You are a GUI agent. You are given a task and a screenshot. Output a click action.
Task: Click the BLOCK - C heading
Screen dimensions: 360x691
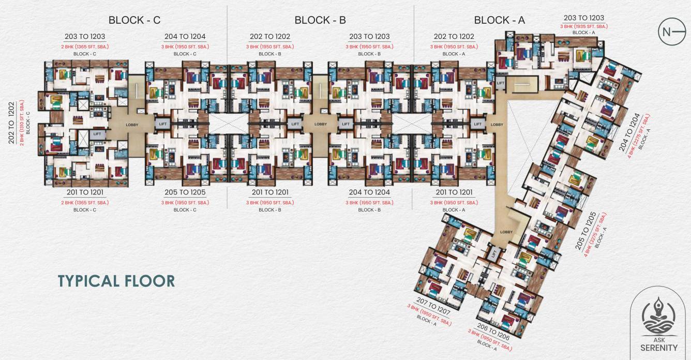[134, 20]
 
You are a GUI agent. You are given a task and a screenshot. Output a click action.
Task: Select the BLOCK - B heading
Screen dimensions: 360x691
[320, 20]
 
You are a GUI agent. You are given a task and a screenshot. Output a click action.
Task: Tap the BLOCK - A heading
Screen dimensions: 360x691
[500, 20]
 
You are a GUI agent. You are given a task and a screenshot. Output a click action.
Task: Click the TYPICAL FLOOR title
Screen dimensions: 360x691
[116, 281]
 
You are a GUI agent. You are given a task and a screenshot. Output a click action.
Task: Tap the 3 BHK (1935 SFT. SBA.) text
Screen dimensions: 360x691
[583, 26]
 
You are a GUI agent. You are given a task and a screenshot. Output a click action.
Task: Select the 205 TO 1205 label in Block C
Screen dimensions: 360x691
[185, 192]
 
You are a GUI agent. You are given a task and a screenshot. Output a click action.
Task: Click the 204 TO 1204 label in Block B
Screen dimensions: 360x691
[369, 192]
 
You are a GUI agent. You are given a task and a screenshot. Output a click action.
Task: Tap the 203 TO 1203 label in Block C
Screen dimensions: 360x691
[85, 37]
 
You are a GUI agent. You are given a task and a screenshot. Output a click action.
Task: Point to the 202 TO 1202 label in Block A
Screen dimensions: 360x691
[453, 37]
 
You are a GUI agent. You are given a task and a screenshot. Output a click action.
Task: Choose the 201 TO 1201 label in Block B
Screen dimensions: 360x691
[269, 192]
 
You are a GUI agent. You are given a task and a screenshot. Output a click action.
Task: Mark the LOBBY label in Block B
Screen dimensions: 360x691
[321, 124]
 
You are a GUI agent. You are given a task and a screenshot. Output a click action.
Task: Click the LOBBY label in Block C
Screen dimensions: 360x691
[132, 125]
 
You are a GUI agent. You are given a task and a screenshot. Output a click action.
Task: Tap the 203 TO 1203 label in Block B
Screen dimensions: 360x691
[369, 37]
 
